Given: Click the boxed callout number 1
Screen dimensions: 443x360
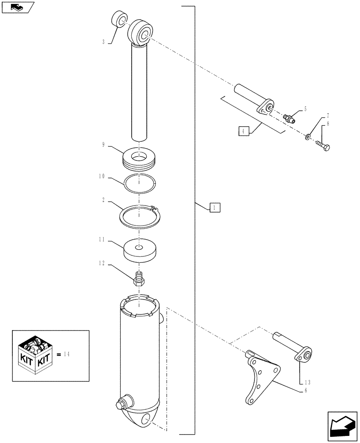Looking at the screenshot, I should (215, 207).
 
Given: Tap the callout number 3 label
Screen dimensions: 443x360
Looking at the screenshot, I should (103, 42).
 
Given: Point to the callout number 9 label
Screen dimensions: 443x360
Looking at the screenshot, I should (103, 144).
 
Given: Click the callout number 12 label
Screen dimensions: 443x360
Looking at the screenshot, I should (103, 263).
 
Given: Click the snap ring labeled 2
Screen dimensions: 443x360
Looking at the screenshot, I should (139, 217).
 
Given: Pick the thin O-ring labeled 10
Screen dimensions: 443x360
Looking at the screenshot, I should (139, 183).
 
